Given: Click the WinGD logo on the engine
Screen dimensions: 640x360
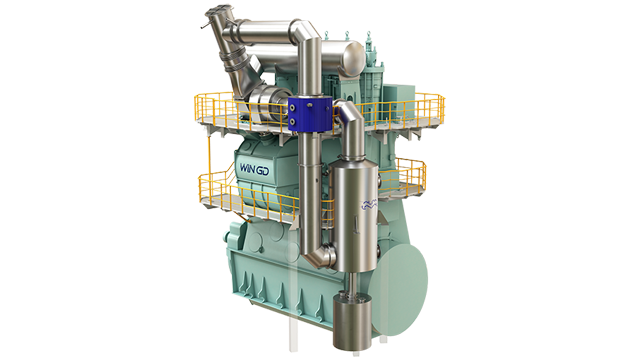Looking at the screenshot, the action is click(x=254, y=169).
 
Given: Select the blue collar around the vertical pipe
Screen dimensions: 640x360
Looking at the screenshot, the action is click(x=310, y=113).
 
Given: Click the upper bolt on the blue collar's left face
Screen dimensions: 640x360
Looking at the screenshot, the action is click(x=292, y=107).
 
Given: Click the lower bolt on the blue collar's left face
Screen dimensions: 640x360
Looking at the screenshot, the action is click(x=292, y=122).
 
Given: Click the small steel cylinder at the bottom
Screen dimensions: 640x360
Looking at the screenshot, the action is click(x=353, y=322).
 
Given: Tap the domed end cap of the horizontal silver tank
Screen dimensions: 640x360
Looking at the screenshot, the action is click(x=353, y=57).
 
